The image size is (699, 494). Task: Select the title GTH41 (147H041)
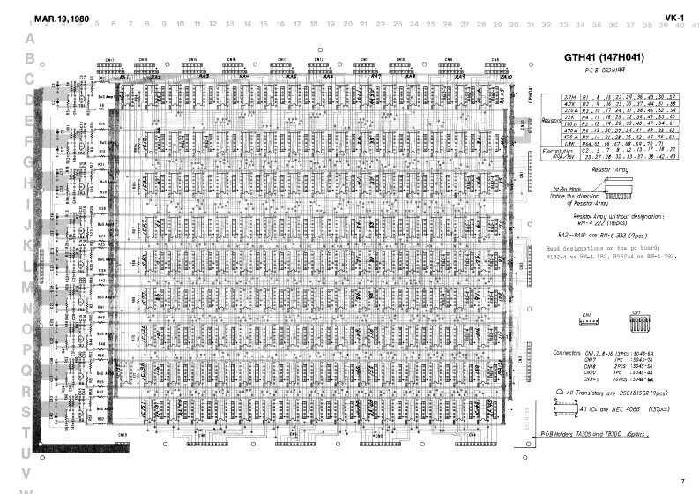tap(604, 58)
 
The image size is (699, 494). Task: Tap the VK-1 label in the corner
tap(675, 18)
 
